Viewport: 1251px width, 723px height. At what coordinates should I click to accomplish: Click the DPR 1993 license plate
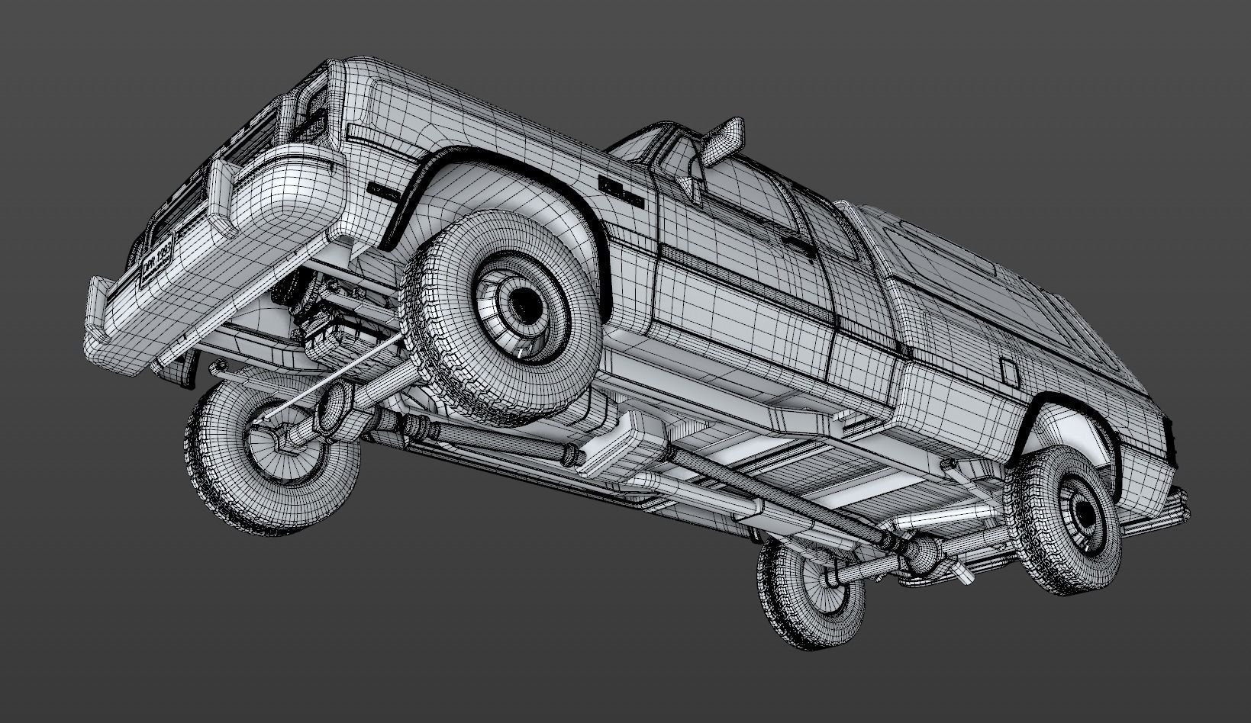(156, 259)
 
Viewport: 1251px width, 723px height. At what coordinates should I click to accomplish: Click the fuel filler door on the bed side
(1008, 372)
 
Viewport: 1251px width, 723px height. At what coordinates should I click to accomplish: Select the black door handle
(798, 245)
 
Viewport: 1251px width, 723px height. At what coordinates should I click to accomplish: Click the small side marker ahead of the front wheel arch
(382, 190)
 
